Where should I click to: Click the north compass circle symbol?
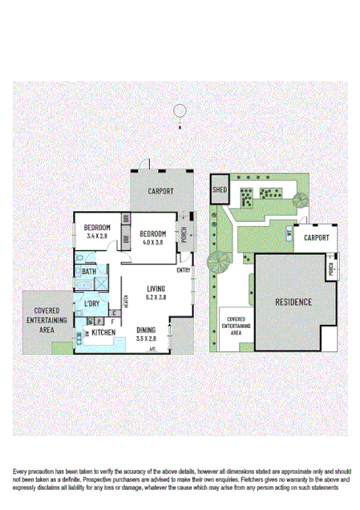point(181,111)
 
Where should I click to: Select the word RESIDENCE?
point(293,302)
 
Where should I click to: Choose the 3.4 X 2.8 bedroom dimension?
point(96,237)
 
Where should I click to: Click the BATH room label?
point(89,272)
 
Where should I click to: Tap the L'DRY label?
point(91,305)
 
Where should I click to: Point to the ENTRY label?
point(184,269)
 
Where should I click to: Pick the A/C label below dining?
point(151,349)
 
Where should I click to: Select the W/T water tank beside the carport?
point(287,233)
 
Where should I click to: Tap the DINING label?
point(146,330)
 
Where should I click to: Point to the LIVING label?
point(156,289)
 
